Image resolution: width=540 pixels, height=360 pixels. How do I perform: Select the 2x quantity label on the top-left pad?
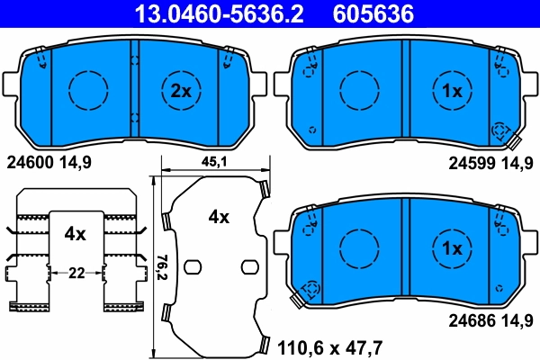[x=182, y=90]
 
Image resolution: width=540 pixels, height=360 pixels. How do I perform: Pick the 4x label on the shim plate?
[x=219, y=217]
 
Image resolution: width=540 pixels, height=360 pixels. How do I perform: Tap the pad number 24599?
[x=469, y=163]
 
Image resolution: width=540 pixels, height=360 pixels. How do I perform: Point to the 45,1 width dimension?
[x=212, y=162]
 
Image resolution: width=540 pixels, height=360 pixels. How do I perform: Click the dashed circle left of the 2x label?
[x=88, y=89]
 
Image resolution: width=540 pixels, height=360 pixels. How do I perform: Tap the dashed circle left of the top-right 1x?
[x=358, y=89]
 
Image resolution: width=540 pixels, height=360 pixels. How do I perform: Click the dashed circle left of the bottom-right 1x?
[x=358, y=246]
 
